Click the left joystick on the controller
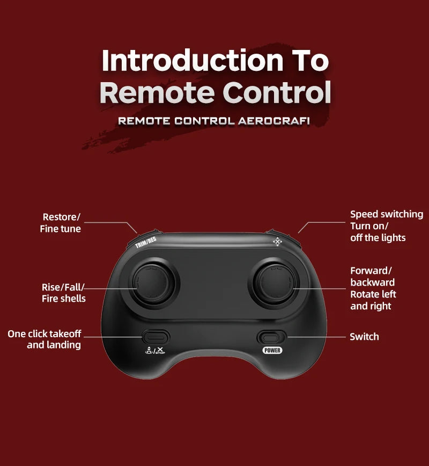(x=154, y=283)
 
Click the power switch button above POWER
(x=271, y=338)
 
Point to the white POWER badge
(x=272, y=351)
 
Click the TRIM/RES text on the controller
(x=145, y=242)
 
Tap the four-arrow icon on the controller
(x=277, y=242)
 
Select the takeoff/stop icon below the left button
(x=155, y=351)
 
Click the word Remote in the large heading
(x=157, y=92)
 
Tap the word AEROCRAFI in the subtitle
(x=273, y=121)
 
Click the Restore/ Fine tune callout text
(x=60, y=223)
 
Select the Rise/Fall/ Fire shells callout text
(x=63, y=293)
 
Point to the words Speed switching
(x=387, y=214)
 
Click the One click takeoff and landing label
(x=44, y=339)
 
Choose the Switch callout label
(x=364, y=337)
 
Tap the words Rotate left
(x=373, y=294)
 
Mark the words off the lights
(x=378, y=238)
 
